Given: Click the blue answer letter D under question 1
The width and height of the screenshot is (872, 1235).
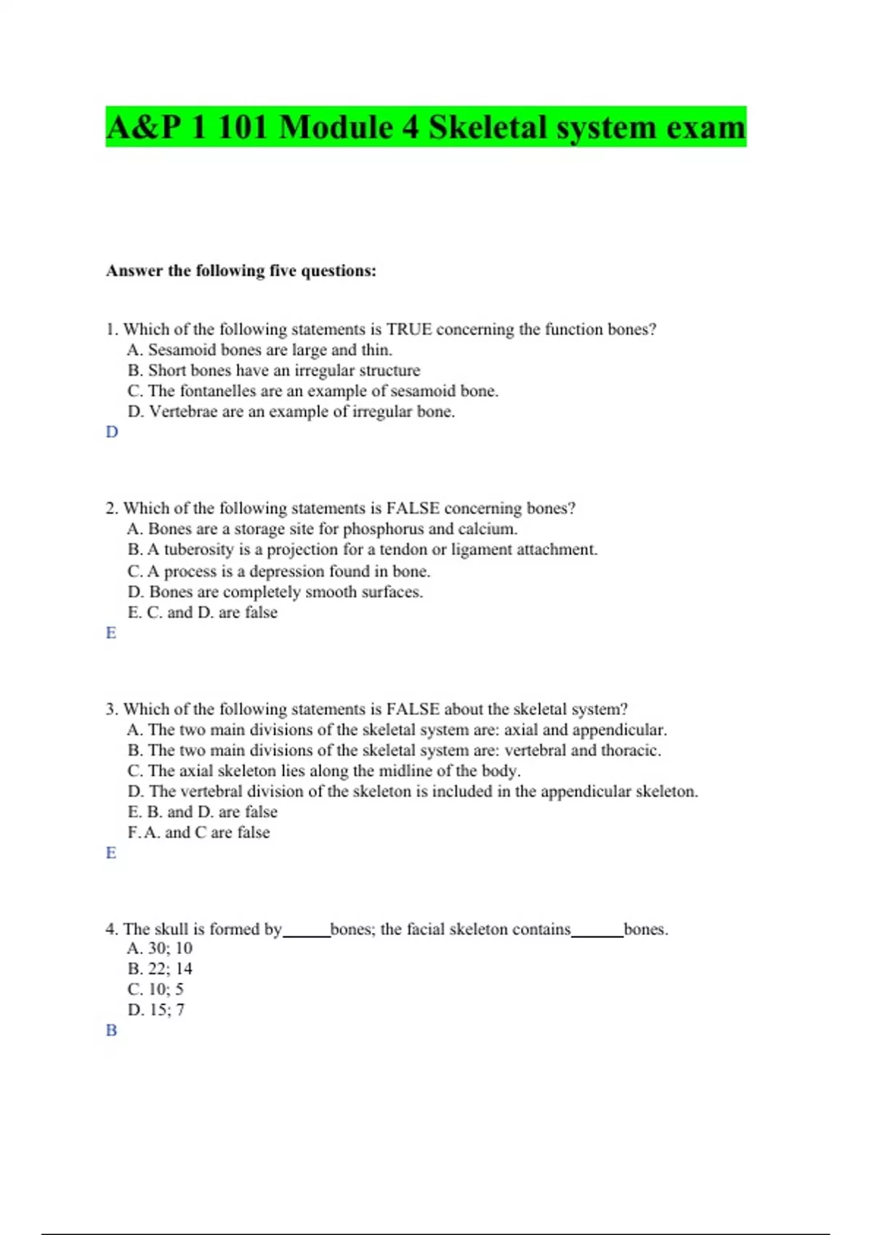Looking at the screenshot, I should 112,432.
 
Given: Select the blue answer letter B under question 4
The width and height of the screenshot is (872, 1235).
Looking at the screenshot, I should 111,1030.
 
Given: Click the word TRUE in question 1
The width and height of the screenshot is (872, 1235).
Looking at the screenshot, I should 408,329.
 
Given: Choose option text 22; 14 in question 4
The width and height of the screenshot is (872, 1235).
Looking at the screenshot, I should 170,969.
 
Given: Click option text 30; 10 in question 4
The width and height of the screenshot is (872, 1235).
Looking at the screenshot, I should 170,949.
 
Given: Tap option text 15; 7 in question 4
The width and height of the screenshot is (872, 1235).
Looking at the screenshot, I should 166,1010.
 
